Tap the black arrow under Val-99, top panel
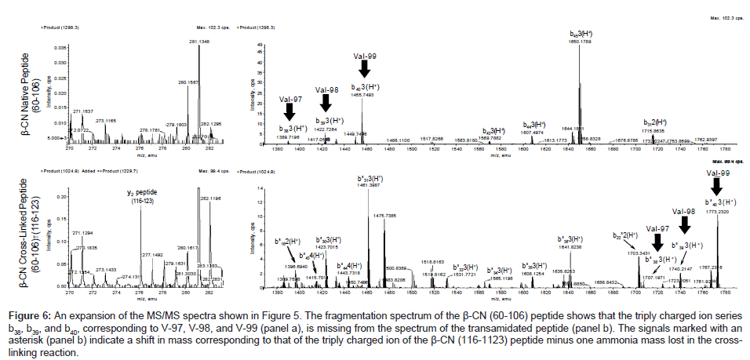(363, 69)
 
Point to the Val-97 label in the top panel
(289, 100)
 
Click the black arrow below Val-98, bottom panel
(683, 225)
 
